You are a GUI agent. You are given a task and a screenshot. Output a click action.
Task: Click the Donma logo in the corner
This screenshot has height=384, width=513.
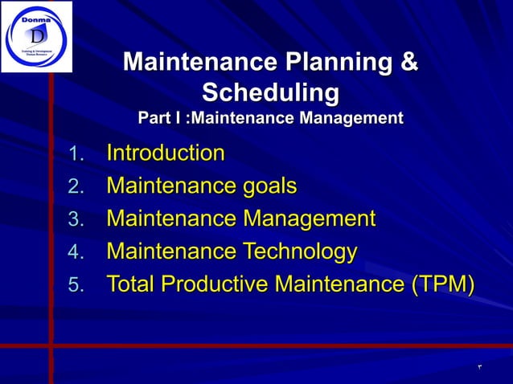(36, 36)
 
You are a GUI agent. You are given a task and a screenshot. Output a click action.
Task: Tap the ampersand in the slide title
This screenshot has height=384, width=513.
(409, 63)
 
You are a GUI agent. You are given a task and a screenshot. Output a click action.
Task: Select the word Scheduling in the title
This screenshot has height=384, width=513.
(270, 92)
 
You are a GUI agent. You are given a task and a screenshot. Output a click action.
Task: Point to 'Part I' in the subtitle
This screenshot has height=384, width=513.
(159, 119)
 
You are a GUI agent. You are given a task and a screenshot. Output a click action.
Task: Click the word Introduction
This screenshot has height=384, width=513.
(166, 153)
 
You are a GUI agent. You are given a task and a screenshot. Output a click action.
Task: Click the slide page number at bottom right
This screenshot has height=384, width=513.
(479, 368)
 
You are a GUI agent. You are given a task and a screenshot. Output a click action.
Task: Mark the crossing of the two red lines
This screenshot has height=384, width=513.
(51, 345)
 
